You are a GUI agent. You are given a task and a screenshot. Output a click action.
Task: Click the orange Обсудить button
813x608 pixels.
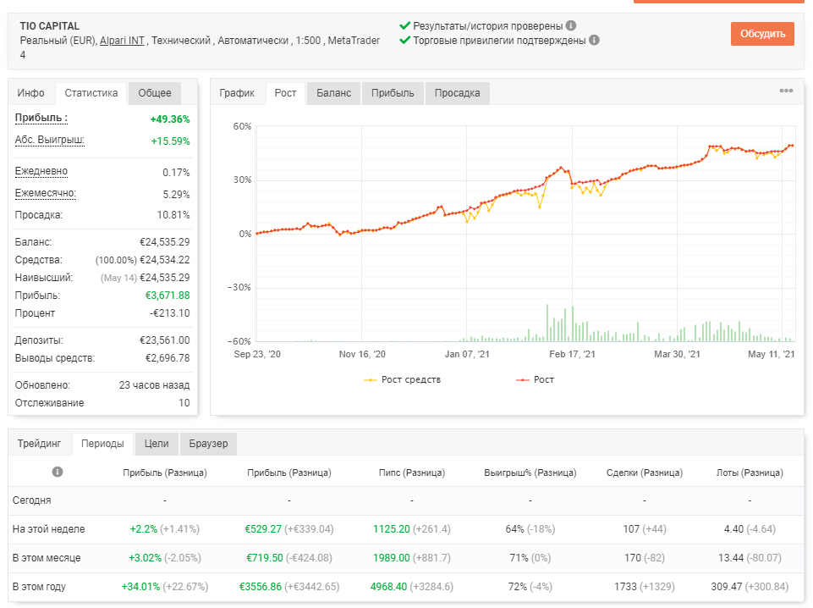tap(762, 34)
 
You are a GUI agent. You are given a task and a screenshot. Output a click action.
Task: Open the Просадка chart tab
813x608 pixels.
tap(457, 93)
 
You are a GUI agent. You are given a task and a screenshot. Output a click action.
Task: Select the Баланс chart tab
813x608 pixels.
tap(333, 93)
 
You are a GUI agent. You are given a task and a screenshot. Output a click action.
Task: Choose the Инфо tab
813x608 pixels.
tap(30, 93)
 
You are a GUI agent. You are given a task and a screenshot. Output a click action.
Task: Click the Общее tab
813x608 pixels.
tap(155, 93)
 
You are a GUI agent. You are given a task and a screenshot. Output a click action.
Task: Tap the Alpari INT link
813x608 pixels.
tap(122, 41)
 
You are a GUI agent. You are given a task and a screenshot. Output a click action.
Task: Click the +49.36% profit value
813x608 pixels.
tap(170, 119)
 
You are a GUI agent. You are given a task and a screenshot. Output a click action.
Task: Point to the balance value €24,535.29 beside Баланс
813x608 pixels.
tap(164, 242)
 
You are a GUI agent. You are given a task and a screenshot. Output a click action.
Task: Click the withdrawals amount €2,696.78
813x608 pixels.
tap(168, 358)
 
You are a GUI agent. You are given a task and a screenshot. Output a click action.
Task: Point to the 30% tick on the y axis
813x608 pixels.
tap(242, 180)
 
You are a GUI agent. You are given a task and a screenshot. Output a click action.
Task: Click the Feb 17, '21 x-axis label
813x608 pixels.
tap(572, 354)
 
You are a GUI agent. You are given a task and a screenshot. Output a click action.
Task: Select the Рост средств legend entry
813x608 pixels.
tap(403, 379)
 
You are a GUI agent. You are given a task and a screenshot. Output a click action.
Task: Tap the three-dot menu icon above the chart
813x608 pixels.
tap(786, 91)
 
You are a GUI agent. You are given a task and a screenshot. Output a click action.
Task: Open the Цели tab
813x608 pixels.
tap(157, 444)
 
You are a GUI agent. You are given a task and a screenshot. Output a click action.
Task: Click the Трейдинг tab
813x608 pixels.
tap(39, 444)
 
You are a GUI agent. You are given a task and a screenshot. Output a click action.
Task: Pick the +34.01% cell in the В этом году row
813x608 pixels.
tap(140, 587)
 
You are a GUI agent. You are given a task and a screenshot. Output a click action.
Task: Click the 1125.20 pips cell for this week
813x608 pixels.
tap(392, 529)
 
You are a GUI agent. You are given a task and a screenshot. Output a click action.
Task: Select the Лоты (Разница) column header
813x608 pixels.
tap(750, 473)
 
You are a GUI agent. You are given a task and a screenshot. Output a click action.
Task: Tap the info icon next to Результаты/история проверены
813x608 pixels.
tap(571, 25)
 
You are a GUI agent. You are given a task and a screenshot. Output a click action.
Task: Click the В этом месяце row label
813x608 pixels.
tap(47, 558)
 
